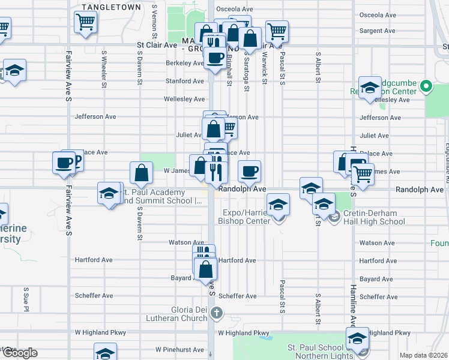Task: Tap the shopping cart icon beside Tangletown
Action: tap(85, 22)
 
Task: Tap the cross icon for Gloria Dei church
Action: tap(217, 313)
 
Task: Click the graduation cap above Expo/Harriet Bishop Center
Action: tap(278, 206)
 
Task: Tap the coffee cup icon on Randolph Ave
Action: tap(250, 171)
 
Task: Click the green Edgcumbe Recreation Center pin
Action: tap(427, 87)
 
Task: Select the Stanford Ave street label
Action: tap(185, 81)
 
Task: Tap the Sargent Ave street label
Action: tap(377, 31)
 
